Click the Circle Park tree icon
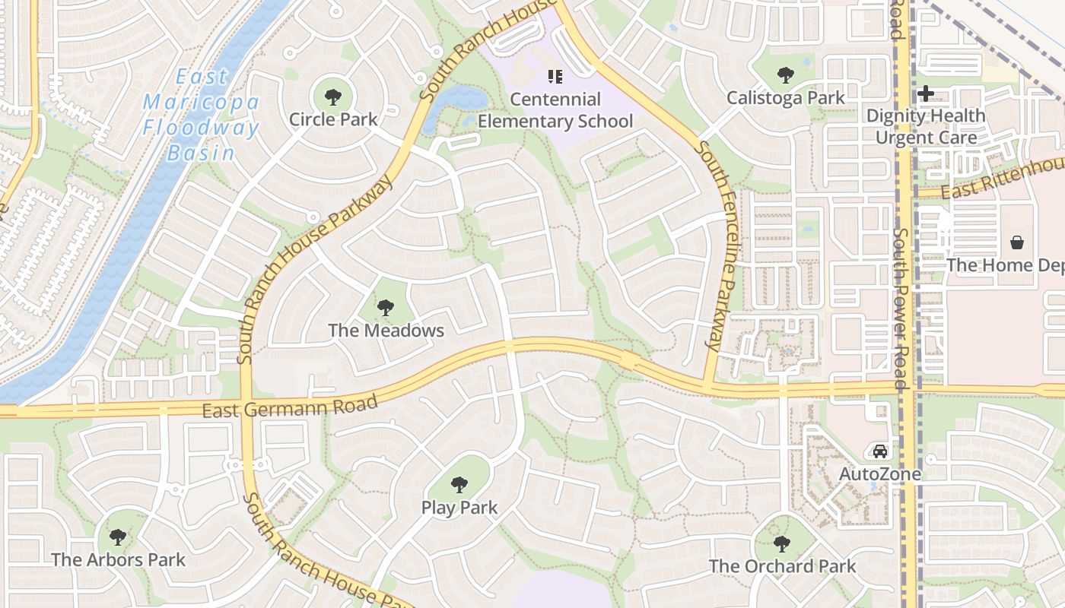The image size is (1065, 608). click(332, 97)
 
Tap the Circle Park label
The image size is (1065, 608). click(333, 119)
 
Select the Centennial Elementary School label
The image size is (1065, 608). click(555, 110)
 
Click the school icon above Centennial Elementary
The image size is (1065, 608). click(555, 76)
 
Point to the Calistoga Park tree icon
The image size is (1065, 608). click(786, 75)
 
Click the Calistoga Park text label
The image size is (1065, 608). click(786, 98)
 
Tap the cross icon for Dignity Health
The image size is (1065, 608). click(926, 93)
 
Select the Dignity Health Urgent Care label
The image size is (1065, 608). click(926, 126)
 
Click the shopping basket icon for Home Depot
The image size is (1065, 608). click(1017, 242)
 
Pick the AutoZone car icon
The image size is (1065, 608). click(880, 451)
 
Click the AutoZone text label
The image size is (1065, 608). click(880, 473)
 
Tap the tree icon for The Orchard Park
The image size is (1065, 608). click(782, 543)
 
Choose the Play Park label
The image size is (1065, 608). click(459, 508)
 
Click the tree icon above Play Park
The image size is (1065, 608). click(459, 484)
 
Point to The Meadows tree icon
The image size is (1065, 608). click(386, 308)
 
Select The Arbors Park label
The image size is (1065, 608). click(118, 560)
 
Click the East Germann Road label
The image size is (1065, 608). click(290, 407)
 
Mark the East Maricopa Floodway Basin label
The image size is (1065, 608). click(202, 114)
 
